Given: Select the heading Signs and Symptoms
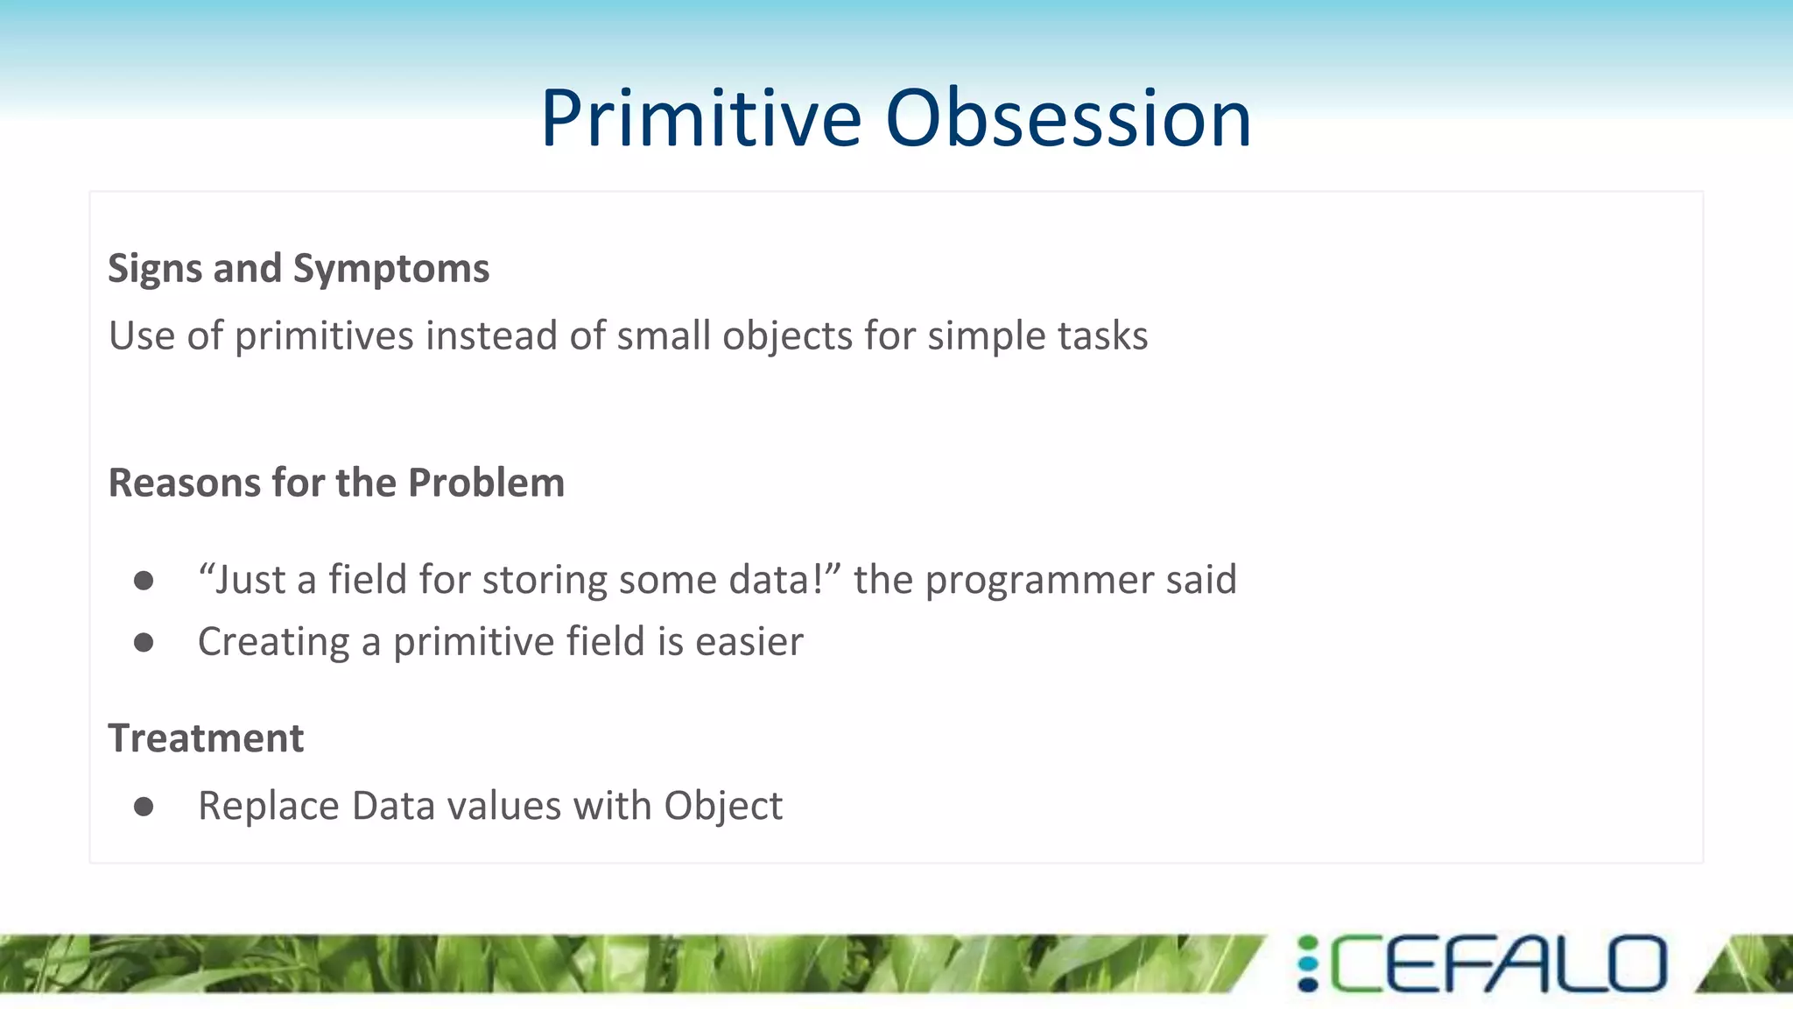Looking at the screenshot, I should pos(299,268).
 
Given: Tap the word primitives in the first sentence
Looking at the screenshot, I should pos(324,336).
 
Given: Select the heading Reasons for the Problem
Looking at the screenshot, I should pos(336,483).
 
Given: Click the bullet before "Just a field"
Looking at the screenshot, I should pos(144,581).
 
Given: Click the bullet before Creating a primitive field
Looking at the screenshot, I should pos(144,643).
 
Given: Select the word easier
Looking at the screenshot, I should pos(749,642).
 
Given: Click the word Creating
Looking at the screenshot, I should pos(274,642).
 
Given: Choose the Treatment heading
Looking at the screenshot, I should pos(206,738).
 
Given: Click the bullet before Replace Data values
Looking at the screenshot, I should pos(144,807).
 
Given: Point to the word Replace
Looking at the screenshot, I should pos(269,806).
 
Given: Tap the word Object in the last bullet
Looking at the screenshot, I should pos(723,806).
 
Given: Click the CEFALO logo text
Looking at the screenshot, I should pos(1499,964).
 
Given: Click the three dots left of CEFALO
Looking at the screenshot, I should pos(1308,964).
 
